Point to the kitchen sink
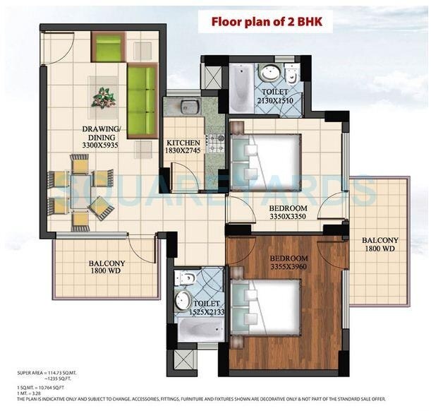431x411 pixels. (188, 107)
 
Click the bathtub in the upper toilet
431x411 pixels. (240, 88)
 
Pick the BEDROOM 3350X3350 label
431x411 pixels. (288, 213)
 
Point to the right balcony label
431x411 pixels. (380, 244)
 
